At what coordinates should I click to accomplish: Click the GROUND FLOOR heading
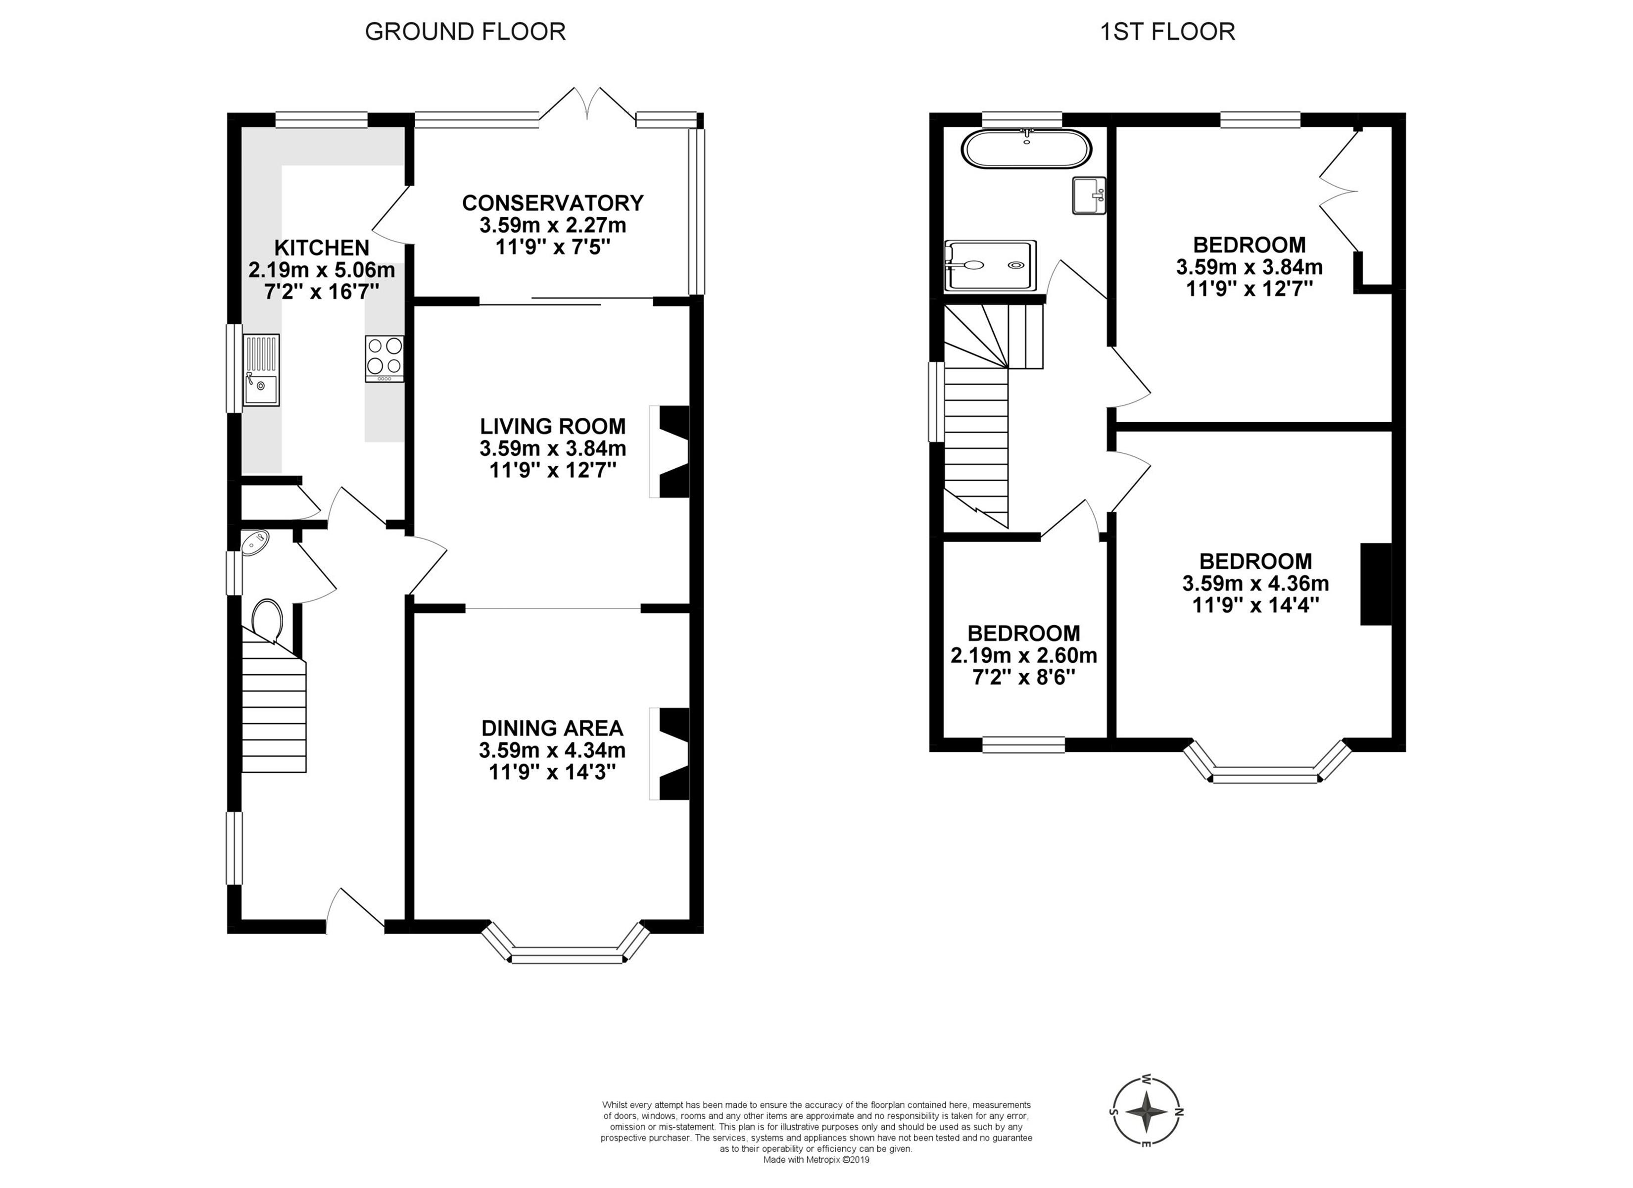pyautogui.click(x=465, y=32)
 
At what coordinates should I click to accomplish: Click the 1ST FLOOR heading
pyautogui.click(x=1167, y=32)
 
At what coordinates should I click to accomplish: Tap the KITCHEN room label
pyautogui.click(x=322, y=248)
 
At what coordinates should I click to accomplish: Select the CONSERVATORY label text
pyautogui.click(x=553, y=202)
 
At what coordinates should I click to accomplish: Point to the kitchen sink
pyautogui.click(x=261, y=370)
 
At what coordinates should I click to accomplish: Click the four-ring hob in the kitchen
pyautogui.click(x=384, y=359)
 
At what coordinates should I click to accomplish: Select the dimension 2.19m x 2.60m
pyautogui.click(x=1024, y=655)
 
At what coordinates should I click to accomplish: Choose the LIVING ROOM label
pyautogui.click(x=553, y=426)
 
